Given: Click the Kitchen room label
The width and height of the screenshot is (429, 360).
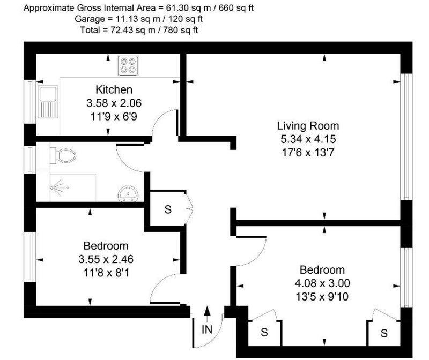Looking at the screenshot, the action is pos(114,89).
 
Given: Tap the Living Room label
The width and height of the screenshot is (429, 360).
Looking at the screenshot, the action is pos(308,126).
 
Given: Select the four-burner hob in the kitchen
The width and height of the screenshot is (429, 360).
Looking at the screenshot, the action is pos(128,65).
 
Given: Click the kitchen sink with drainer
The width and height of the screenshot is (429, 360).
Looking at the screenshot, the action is pos(48,102).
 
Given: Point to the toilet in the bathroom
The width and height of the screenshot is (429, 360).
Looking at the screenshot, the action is pos(63,155).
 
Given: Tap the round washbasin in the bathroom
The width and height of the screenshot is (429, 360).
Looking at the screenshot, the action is pos(128,194).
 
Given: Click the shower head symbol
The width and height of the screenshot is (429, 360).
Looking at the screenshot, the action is pos(59,188).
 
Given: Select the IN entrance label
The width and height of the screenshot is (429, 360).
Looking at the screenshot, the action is pos(207,329).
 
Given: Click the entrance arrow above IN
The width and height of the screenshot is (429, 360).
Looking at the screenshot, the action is pos(208,315).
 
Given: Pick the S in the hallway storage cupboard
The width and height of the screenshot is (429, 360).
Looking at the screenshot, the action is pos(168,209).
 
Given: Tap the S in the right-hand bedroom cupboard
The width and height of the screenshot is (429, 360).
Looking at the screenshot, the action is pos(384,333).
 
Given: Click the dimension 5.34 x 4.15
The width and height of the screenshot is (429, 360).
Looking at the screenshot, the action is pos(308,139).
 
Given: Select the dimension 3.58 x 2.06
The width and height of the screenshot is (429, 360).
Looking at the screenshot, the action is pos(114,103).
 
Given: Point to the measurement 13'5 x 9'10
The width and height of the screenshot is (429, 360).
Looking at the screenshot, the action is pos(322,297).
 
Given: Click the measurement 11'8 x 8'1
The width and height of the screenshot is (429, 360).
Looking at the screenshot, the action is pos(106,273).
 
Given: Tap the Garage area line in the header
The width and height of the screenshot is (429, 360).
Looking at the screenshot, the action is pos(138,19).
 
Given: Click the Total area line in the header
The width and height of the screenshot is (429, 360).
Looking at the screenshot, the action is pos(139,30).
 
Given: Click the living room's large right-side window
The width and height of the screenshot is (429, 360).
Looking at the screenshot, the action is pos(406,137).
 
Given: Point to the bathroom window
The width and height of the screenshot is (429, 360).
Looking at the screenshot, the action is pos(30,160).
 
